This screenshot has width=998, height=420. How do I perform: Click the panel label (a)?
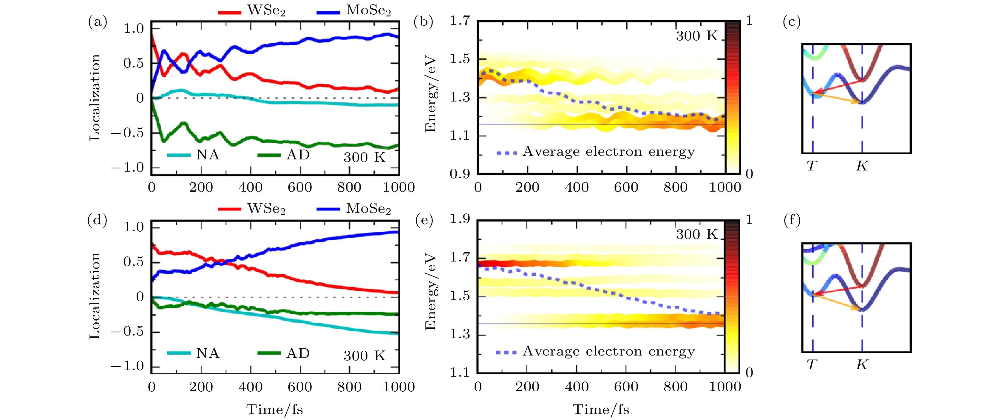97,22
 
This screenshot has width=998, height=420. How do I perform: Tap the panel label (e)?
424,220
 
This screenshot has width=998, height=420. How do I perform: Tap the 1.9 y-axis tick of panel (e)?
460,219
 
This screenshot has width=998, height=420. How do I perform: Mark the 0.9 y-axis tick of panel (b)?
460,174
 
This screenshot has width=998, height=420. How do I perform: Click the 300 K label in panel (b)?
696,36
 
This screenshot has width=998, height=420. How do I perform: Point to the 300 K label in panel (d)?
364,356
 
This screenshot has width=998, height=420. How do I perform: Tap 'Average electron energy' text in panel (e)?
608,351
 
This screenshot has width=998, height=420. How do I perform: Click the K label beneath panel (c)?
862,166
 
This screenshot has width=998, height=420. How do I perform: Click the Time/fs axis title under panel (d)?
274,410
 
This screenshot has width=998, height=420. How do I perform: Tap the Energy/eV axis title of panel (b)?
431,95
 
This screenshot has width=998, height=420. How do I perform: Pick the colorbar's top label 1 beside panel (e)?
749,220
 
